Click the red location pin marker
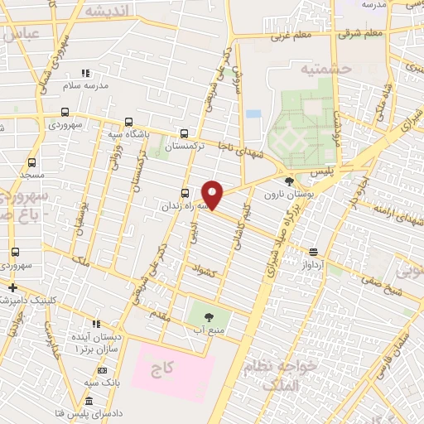point(213,195)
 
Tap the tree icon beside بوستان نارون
point(288,181)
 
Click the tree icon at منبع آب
point(208,316)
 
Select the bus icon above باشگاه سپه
point(127,121)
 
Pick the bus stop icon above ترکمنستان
point(184,132)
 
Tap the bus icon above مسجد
point(32,162)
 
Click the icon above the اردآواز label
point(313,251)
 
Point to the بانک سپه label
point(103,383)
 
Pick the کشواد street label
point(204,272)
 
